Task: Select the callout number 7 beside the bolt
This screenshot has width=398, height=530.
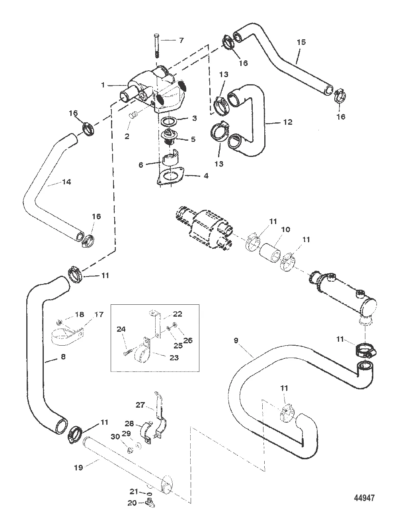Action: (x=181, y=40)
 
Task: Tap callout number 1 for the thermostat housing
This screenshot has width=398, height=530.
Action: (x=103, y=85)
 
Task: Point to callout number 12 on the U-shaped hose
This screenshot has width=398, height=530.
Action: (x=288, y=122)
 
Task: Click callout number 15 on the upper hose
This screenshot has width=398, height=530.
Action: (x=301, y=42)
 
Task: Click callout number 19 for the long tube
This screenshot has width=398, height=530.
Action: (x=78, y=468)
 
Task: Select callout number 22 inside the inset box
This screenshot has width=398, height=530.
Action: (x=178, y=314)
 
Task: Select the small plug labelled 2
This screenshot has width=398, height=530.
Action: (x=134, y=116)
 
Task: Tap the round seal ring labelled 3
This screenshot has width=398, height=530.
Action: (x=169, y=120)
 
